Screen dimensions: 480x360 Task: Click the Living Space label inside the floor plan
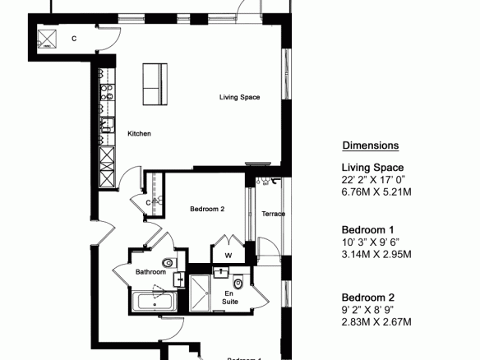[239, 97]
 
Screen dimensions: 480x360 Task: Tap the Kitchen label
[139, 133]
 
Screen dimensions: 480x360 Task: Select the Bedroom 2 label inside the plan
[207, 209]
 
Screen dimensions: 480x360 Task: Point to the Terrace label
[274, 214]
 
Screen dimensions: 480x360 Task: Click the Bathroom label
[150, 272]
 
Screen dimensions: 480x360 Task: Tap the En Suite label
[230, 298]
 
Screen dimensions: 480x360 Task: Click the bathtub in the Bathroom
[155, 301]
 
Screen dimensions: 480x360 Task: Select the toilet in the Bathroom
[168, 263]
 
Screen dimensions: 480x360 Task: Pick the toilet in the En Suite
[238, 284]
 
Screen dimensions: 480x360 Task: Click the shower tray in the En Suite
[200, 293]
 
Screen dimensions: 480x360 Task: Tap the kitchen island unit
[155, 84]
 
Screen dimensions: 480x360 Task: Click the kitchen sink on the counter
[108, 125]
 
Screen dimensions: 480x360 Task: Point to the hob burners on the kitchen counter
[107, 92]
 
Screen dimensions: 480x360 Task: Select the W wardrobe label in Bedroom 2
[228, 256]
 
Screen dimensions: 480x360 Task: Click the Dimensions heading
[371, 145]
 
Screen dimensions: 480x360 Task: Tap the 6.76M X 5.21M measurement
[376, 192]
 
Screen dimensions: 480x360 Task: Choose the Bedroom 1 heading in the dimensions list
[367, 229]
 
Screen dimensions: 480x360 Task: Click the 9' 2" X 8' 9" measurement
[367, 310]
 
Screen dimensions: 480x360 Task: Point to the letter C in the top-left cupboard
[74, 39]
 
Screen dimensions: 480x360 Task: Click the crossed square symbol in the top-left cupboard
[47, 39]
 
